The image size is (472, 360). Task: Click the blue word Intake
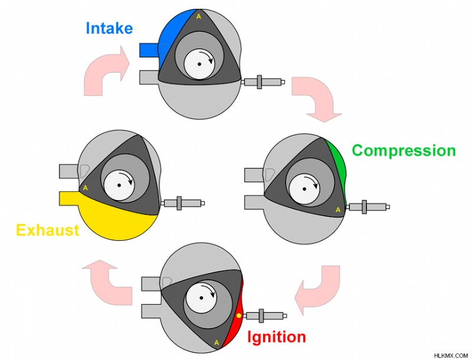pos(109,28)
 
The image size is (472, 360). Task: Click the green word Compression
pos(404,150)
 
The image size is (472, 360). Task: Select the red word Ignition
pos(276,337)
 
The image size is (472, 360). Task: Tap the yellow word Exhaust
pos(48,230)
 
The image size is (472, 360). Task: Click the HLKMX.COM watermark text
pos(451,355)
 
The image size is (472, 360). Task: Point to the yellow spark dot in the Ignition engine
pos(239,316)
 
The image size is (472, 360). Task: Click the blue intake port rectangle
pos(149,50)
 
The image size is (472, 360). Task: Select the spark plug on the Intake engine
pos(263,81)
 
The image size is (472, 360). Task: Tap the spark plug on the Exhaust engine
pos(183,203)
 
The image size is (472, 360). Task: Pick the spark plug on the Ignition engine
pos(265,316)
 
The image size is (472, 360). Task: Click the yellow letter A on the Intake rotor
pos(199,17)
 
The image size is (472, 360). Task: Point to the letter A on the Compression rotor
pos(338,210)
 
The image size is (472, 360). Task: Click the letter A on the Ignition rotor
pos(217,342)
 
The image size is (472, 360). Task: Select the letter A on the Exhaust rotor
pos(86,188)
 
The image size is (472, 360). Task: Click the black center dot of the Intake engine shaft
pos(199,64)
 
